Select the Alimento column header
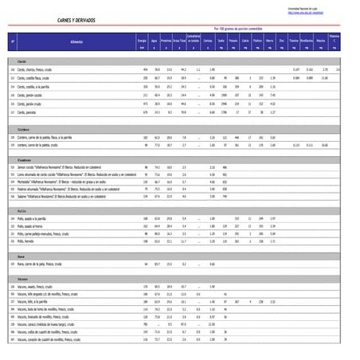click(75, 39)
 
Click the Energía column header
click(141, 39)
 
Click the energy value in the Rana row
click(147, 265)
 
